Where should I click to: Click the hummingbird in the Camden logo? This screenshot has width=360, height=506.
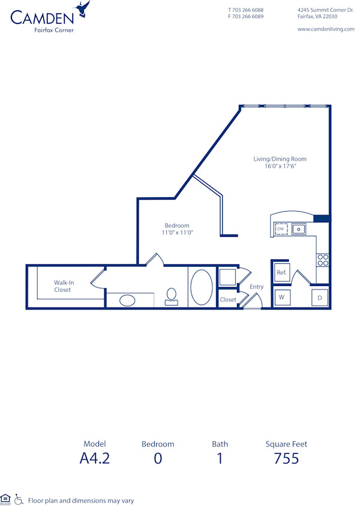[x=83, y=9]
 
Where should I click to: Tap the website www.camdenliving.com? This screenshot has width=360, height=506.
[x=326, y=29]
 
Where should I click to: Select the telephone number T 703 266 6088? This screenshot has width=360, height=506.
[x=245, y=10]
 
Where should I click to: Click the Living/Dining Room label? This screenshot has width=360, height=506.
[x=280, y=159]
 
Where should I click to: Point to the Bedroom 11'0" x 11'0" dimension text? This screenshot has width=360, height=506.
[x=177, y=232]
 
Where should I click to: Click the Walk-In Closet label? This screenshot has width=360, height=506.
[x=62, y=286]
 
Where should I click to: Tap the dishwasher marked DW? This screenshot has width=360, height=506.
[x=281, y=229]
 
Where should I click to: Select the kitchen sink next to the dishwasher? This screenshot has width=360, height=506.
[x=299, y=229]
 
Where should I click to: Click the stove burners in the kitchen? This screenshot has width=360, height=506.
[x=323, y=260]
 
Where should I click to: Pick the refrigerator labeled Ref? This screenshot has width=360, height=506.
[x=281, y=273]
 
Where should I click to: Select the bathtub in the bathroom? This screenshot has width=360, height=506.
[x=201, y=287]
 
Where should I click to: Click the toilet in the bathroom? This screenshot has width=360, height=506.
[x=172, y=296]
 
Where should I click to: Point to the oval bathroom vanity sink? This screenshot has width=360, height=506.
[x=127, y=300]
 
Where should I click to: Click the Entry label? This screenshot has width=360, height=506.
[x=256, y=287]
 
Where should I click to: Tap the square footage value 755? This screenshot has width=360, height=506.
[x=286, y=459]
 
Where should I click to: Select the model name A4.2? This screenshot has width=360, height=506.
[x=94, y=459]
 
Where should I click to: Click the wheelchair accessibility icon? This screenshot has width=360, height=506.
[x=19, y=499]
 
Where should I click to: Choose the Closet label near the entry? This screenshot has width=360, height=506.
[x=228, y=299]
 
